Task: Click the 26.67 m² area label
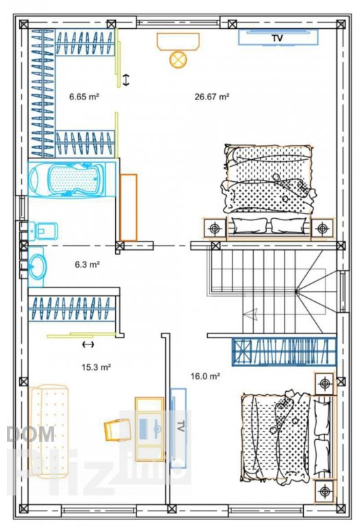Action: point(212,97)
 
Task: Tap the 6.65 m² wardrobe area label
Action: point(84,97)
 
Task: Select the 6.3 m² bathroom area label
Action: point(87,264)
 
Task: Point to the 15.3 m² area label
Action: point(97,367)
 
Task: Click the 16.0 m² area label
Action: point(205,376)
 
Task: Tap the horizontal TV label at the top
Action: point(278,38)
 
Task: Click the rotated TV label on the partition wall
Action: point(180,426)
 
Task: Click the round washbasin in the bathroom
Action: point(36,267)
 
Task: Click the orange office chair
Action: point(117,430)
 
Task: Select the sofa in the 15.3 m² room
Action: point(49,432)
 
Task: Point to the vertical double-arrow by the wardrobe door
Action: point(125,80)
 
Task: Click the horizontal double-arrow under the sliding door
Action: point(88,344)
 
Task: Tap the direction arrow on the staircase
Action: point(250,314)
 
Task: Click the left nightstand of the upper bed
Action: point(215,229)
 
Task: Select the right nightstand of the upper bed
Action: point(322,229)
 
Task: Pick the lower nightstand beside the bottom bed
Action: point(324,492)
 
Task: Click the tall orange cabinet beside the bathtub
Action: point(128,208)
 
